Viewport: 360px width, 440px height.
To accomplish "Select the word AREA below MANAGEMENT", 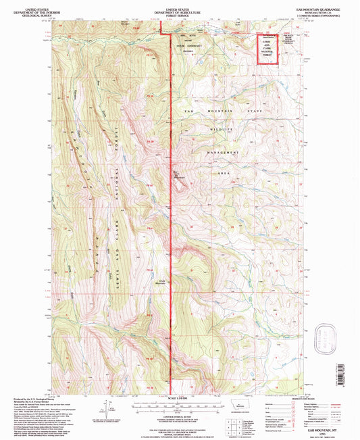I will pyautogui.click(x=226, y=174).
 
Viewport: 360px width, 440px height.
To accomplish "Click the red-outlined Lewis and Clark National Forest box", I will pyautogui.click(x=268, y=49).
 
